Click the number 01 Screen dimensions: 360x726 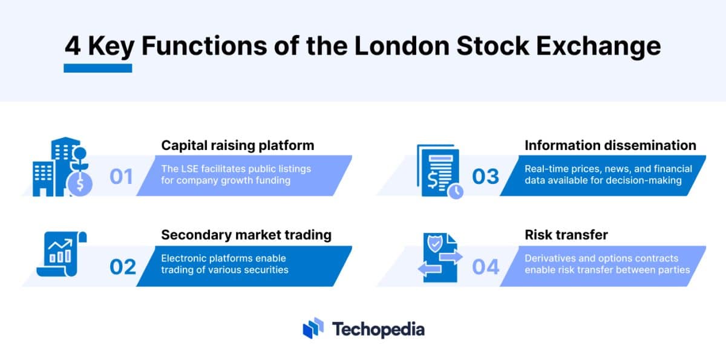point(121,177)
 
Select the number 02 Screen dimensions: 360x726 point(123,267)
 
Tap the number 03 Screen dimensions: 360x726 point(486,177)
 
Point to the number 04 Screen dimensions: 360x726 point(486,267)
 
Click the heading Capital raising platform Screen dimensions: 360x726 point(238,145)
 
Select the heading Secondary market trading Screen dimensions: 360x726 point(246,235)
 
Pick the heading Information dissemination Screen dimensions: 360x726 point(610,145)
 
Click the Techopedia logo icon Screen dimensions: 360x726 point(313,329)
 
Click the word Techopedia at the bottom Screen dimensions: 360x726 point(378,329)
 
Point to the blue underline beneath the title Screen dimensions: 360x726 point(98,68)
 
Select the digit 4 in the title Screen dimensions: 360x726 point(73,47)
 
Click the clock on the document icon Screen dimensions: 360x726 point(455,191)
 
